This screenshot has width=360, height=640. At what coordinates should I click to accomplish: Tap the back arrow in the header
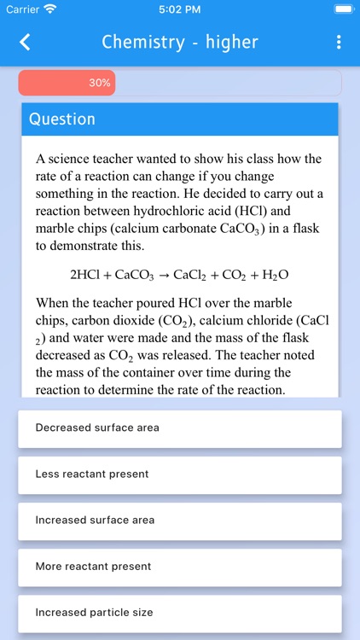point(25,42)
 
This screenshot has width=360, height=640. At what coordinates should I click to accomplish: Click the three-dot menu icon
point(339,42)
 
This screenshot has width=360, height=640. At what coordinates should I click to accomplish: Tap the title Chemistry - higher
point(179,42)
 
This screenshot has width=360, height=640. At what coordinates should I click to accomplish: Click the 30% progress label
point(99,83)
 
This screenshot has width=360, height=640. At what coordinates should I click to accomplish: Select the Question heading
point(62,119)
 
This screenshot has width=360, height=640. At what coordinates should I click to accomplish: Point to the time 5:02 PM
point(180,9)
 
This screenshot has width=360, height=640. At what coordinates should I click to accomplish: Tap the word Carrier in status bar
point(22,9)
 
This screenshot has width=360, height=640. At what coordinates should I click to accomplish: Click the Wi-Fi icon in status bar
point(50,9)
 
